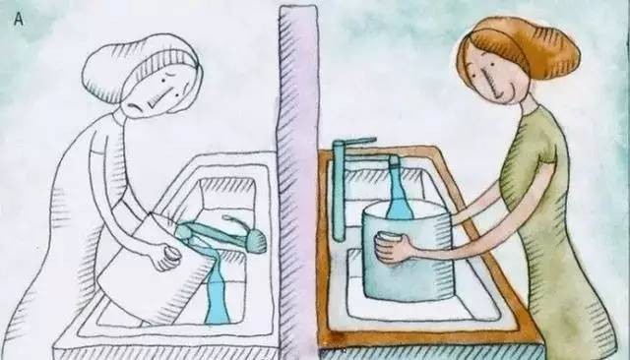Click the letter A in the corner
coord(19,20)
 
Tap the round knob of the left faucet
coord(256,240)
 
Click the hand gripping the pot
coord(393,247)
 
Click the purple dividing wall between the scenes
coord(298,181)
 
